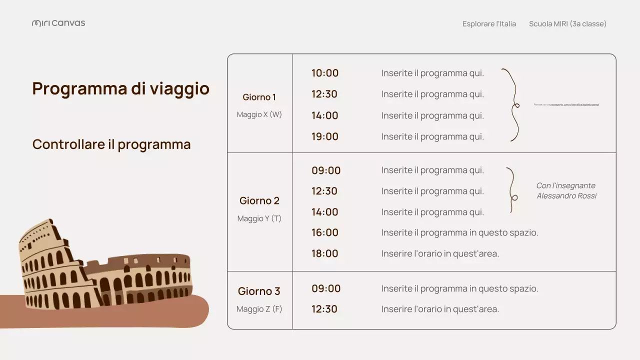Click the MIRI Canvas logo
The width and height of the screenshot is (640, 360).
click(58, 23)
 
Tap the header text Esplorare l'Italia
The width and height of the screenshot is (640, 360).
click(489, 23)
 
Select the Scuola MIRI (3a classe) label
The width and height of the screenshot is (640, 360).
click(567, 23)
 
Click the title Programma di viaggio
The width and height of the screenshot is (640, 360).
click(120, 88)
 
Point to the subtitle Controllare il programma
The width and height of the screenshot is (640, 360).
click(111, 144)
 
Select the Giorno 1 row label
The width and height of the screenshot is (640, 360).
click(259, 97)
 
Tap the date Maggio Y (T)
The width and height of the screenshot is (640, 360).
click(259, 218)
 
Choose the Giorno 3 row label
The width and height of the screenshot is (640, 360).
click(259, 291)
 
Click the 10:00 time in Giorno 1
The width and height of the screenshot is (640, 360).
click(325, 73)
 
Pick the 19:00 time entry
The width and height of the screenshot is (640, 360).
click(325, 136)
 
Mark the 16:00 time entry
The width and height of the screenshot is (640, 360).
click(325, 232)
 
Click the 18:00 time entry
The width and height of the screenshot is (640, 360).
click(325, 253)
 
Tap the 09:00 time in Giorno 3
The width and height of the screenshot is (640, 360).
click(326, 288)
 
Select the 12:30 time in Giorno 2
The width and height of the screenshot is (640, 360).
click(324, 191)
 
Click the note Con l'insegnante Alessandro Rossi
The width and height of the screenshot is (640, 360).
click(566, 190)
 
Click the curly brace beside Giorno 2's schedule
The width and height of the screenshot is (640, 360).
click(511, 190)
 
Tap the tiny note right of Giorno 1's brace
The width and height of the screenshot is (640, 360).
click(566, 104)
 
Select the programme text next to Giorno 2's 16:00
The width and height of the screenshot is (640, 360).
click(459, 232)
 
